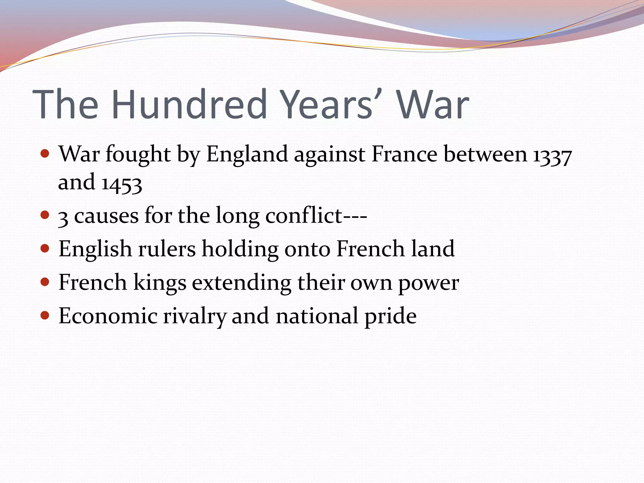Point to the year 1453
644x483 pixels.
122,183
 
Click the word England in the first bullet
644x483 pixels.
247,155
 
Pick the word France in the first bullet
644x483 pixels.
404,154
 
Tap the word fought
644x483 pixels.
138,155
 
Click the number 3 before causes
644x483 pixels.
63,217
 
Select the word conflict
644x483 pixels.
304,216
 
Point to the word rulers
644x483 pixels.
167,249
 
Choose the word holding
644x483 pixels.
240,249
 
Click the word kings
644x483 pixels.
160,283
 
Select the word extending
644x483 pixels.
241,283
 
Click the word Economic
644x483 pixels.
108,316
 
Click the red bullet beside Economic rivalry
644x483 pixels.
45,315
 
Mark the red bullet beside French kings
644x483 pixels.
45,281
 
